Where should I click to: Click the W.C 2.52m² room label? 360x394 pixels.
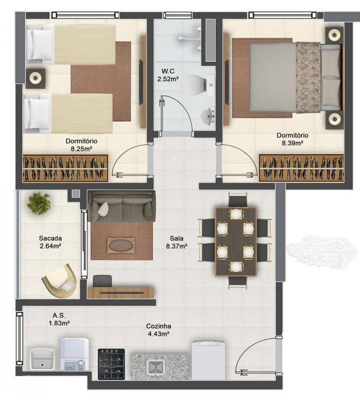(x=168, y=75)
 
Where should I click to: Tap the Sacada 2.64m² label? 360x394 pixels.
(x=50, y=242)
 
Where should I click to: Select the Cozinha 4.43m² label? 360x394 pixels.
(x=159, y=330)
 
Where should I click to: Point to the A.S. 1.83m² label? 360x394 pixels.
(x=59, y=319)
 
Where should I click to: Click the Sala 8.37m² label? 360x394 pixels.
(x=177, y=242)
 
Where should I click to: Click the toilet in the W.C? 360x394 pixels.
(x=198, y=85)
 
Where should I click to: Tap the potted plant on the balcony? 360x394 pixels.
(x=39, y=203)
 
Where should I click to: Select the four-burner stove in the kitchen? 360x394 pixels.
(x=111, y=364)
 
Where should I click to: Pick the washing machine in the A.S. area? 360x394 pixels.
(x=74, y=354)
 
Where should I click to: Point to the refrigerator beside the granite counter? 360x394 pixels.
(x=209, y=360)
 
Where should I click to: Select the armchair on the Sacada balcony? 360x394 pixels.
(x=61, y=281)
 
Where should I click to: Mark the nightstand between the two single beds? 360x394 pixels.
(x=35, y=78)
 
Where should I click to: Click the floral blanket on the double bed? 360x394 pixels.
(x=308, y=77)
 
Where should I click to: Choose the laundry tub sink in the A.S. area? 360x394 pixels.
(x=42, y=359)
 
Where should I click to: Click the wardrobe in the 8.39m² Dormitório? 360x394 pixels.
(x=301, y=168)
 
